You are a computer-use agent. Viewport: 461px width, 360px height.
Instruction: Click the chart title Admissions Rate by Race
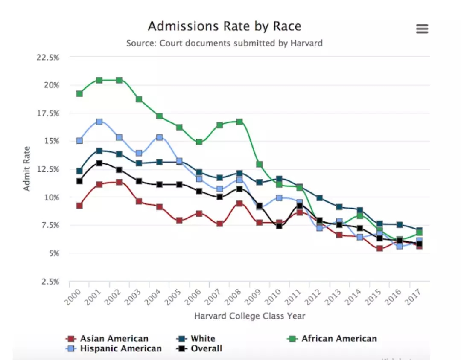pos(225,26)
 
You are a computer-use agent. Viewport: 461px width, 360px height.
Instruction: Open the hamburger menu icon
pos(422,29)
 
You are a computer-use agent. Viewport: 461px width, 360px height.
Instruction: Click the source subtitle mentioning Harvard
pos(225,43)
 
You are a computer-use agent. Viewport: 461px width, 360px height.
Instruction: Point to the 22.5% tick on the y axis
pos(48,58)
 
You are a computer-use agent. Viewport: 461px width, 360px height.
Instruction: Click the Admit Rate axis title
pos(27,169)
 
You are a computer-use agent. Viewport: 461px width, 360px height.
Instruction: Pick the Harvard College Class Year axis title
pos(250,316)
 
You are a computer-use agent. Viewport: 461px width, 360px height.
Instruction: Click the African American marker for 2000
pos(79,94)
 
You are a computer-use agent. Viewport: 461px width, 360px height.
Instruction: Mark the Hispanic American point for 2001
pos(99,122)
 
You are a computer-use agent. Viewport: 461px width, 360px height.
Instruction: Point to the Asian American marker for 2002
pos(119,182)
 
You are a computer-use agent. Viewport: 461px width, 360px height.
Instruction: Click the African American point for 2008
pos(239,122)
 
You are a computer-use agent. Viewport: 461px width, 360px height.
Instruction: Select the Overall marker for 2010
pos(279,226)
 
